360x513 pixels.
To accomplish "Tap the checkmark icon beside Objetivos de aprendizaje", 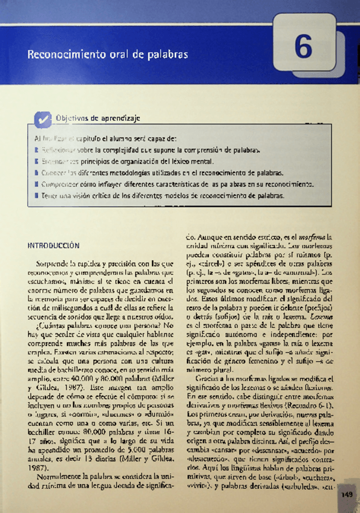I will coord(42,120).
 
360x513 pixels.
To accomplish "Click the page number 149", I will coord(347,495).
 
